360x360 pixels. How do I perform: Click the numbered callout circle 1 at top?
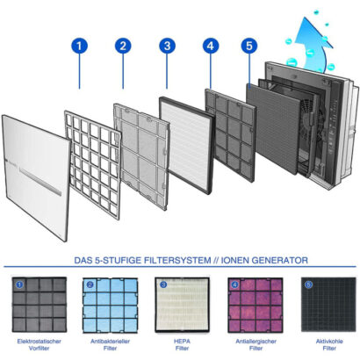click(79, 46)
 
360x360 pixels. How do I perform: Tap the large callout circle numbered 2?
click(123, 46)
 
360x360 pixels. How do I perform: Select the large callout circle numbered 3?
click(167, 46)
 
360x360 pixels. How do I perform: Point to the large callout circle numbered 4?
click(211, 46)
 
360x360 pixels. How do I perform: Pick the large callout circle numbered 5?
click(249, 46)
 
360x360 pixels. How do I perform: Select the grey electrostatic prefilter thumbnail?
click(40, 305)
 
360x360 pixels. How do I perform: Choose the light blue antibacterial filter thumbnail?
click(111, 306)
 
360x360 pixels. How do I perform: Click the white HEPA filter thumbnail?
click(182, 305)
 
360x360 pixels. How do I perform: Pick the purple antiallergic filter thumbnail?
click(256, 305)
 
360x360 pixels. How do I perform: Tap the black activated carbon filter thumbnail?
click(328, 305)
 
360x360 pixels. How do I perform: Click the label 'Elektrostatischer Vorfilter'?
click(40, 345)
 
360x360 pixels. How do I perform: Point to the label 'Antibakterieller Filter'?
click(110, 345)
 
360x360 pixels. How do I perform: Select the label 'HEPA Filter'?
click(182, 345)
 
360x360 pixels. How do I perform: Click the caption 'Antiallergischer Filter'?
click(256, 345)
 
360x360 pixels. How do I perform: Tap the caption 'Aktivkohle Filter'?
click(329, 345)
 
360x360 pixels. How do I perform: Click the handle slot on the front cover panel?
click(40, 182)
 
